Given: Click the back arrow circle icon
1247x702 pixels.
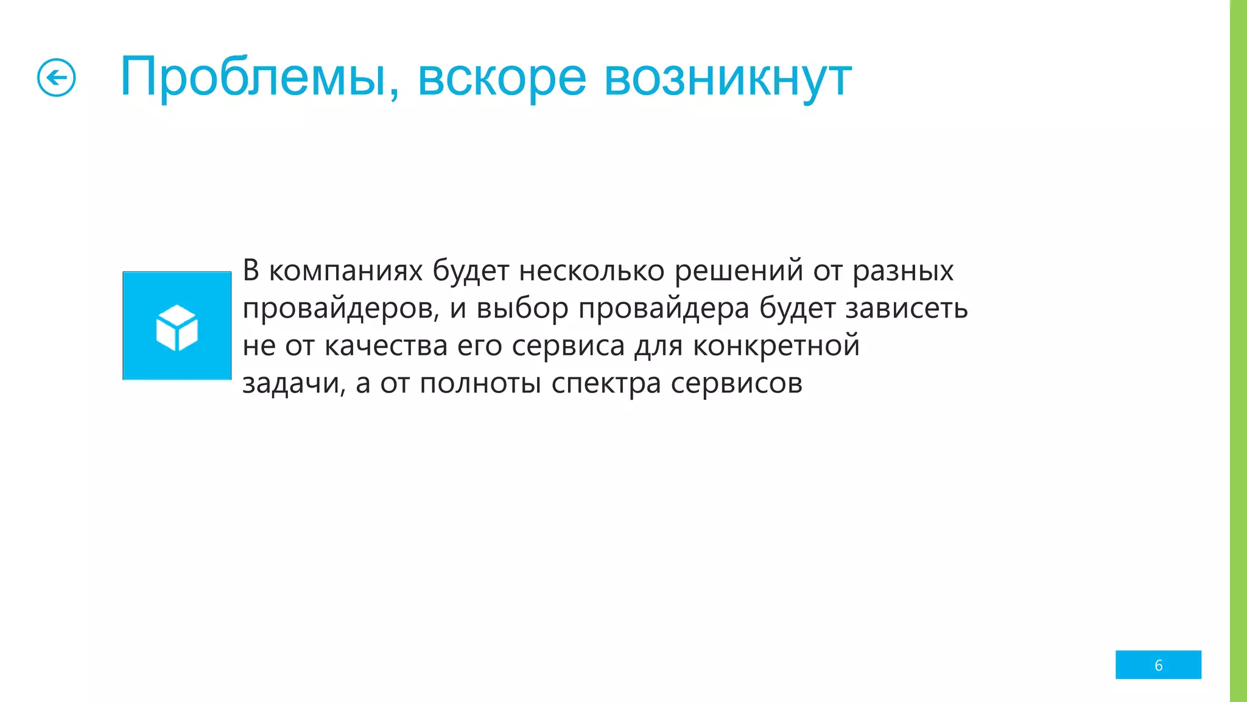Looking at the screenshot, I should coord(56,78).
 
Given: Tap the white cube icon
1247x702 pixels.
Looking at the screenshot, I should coord(177,327).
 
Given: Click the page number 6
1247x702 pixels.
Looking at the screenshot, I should coord(1158,665).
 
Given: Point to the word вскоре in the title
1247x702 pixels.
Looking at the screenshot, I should coord(502,78).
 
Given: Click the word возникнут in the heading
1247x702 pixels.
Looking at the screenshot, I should coord(727,78).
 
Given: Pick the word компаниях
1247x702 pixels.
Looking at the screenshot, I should coord(345,271).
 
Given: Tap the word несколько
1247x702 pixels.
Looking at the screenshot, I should coord(591,271).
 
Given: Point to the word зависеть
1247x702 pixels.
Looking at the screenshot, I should coord(907,308).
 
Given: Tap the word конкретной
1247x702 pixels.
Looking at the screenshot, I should coord(776,346).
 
